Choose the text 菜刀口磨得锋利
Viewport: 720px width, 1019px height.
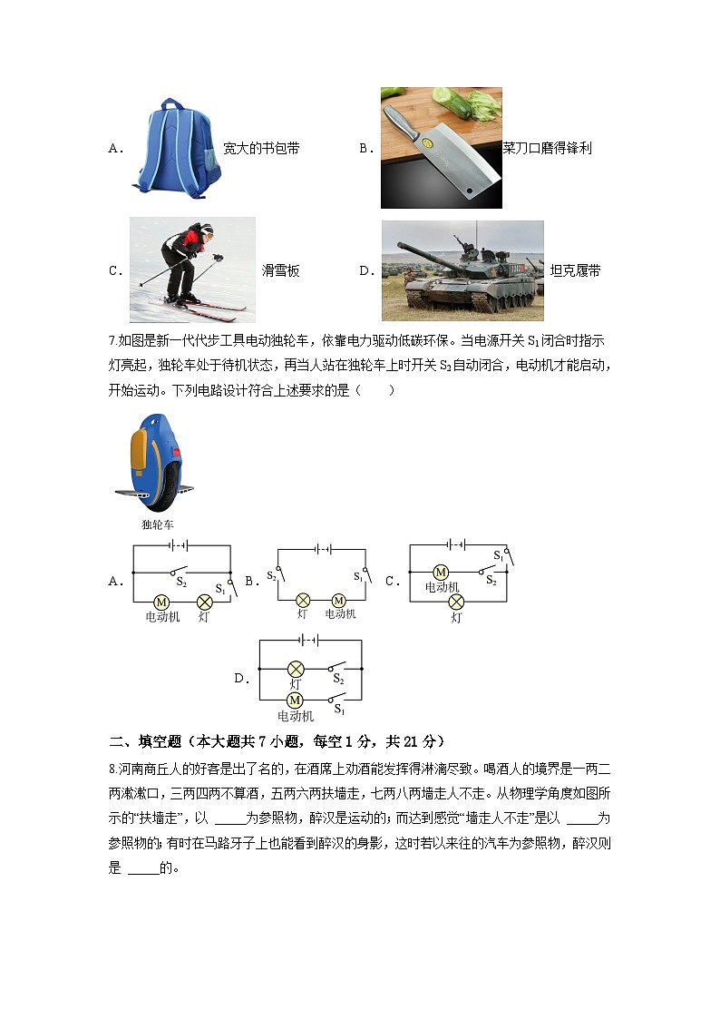[547, 148]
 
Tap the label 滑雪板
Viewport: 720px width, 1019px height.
[280, 270]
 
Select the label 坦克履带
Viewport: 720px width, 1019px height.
[575, 270]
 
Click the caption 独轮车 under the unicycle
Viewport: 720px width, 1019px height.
[157, 524]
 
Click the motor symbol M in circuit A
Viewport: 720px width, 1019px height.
[161, 602]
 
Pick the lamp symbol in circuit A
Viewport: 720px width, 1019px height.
[205, 602]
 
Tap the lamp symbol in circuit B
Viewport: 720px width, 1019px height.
[304, 600]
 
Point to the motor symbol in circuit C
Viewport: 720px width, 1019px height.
[441, 573]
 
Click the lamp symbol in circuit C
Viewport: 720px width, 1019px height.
[456, 602]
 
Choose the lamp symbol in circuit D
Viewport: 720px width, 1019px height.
[295, 668]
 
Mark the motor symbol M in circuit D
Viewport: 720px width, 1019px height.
[295, 700]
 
